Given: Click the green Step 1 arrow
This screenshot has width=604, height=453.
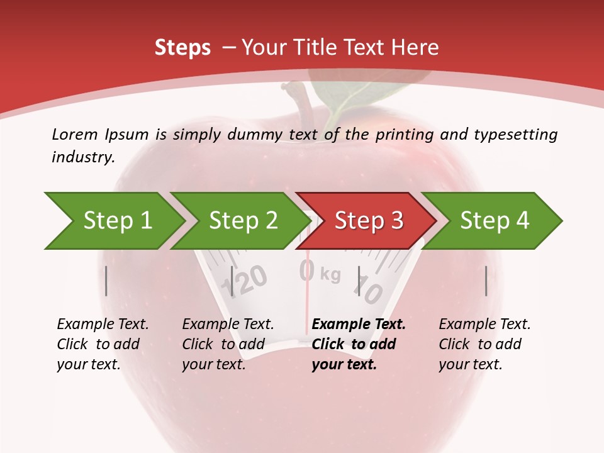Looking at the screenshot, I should pos(117,221).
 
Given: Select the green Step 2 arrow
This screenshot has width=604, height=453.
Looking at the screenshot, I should pos(243,221).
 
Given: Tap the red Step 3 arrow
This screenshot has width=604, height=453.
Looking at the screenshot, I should pos(369,221).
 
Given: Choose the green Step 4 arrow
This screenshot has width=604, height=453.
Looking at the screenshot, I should pos(495,221).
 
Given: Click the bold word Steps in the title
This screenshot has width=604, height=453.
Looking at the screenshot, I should pos(182,48).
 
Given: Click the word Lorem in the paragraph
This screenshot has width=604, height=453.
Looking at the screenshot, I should pos(74,134).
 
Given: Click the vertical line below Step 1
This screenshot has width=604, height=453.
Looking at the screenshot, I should pos(106,281).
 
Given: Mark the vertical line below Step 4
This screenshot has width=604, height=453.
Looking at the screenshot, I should pos(486,281).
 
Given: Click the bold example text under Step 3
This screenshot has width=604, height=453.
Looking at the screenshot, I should pos(359,344).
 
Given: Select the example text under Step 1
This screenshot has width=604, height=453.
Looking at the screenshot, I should pos(103,344).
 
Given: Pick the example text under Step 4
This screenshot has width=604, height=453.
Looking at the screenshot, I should pos(484,344).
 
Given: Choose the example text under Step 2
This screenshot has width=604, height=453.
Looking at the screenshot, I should pos(228,344).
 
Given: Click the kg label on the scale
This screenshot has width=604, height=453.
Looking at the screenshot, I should pos(330,274).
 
